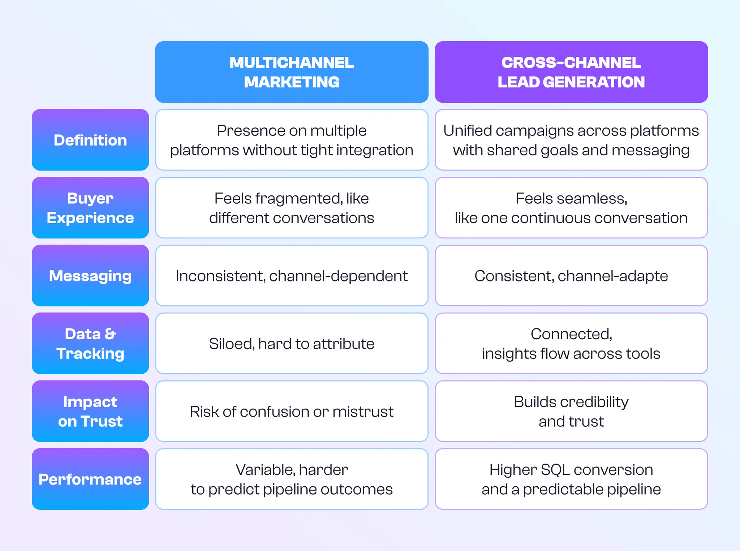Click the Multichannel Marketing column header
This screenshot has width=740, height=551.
[292, 72]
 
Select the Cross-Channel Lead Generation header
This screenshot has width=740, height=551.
[571, 72]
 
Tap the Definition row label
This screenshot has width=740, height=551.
[90, 140]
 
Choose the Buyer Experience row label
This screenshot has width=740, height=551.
[90, 208]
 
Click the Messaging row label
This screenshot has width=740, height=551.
[90, 276]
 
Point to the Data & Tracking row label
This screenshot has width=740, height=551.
[90, 343]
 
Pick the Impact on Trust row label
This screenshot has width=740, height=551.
[90, 411]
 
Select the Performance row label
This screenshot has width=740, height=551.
[90, 479]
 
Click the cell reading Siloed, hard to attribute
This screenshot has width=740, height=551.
[292, 344]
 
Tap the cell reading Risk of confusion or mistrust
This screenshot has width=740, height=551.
[292, 412]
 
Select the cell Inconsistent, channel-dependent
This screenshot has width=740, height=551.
[292, 276]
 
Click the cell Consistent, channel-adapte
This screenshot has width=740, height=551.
[571, 276]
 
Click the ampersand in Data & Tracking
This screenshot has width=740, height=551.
[110, 334]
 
